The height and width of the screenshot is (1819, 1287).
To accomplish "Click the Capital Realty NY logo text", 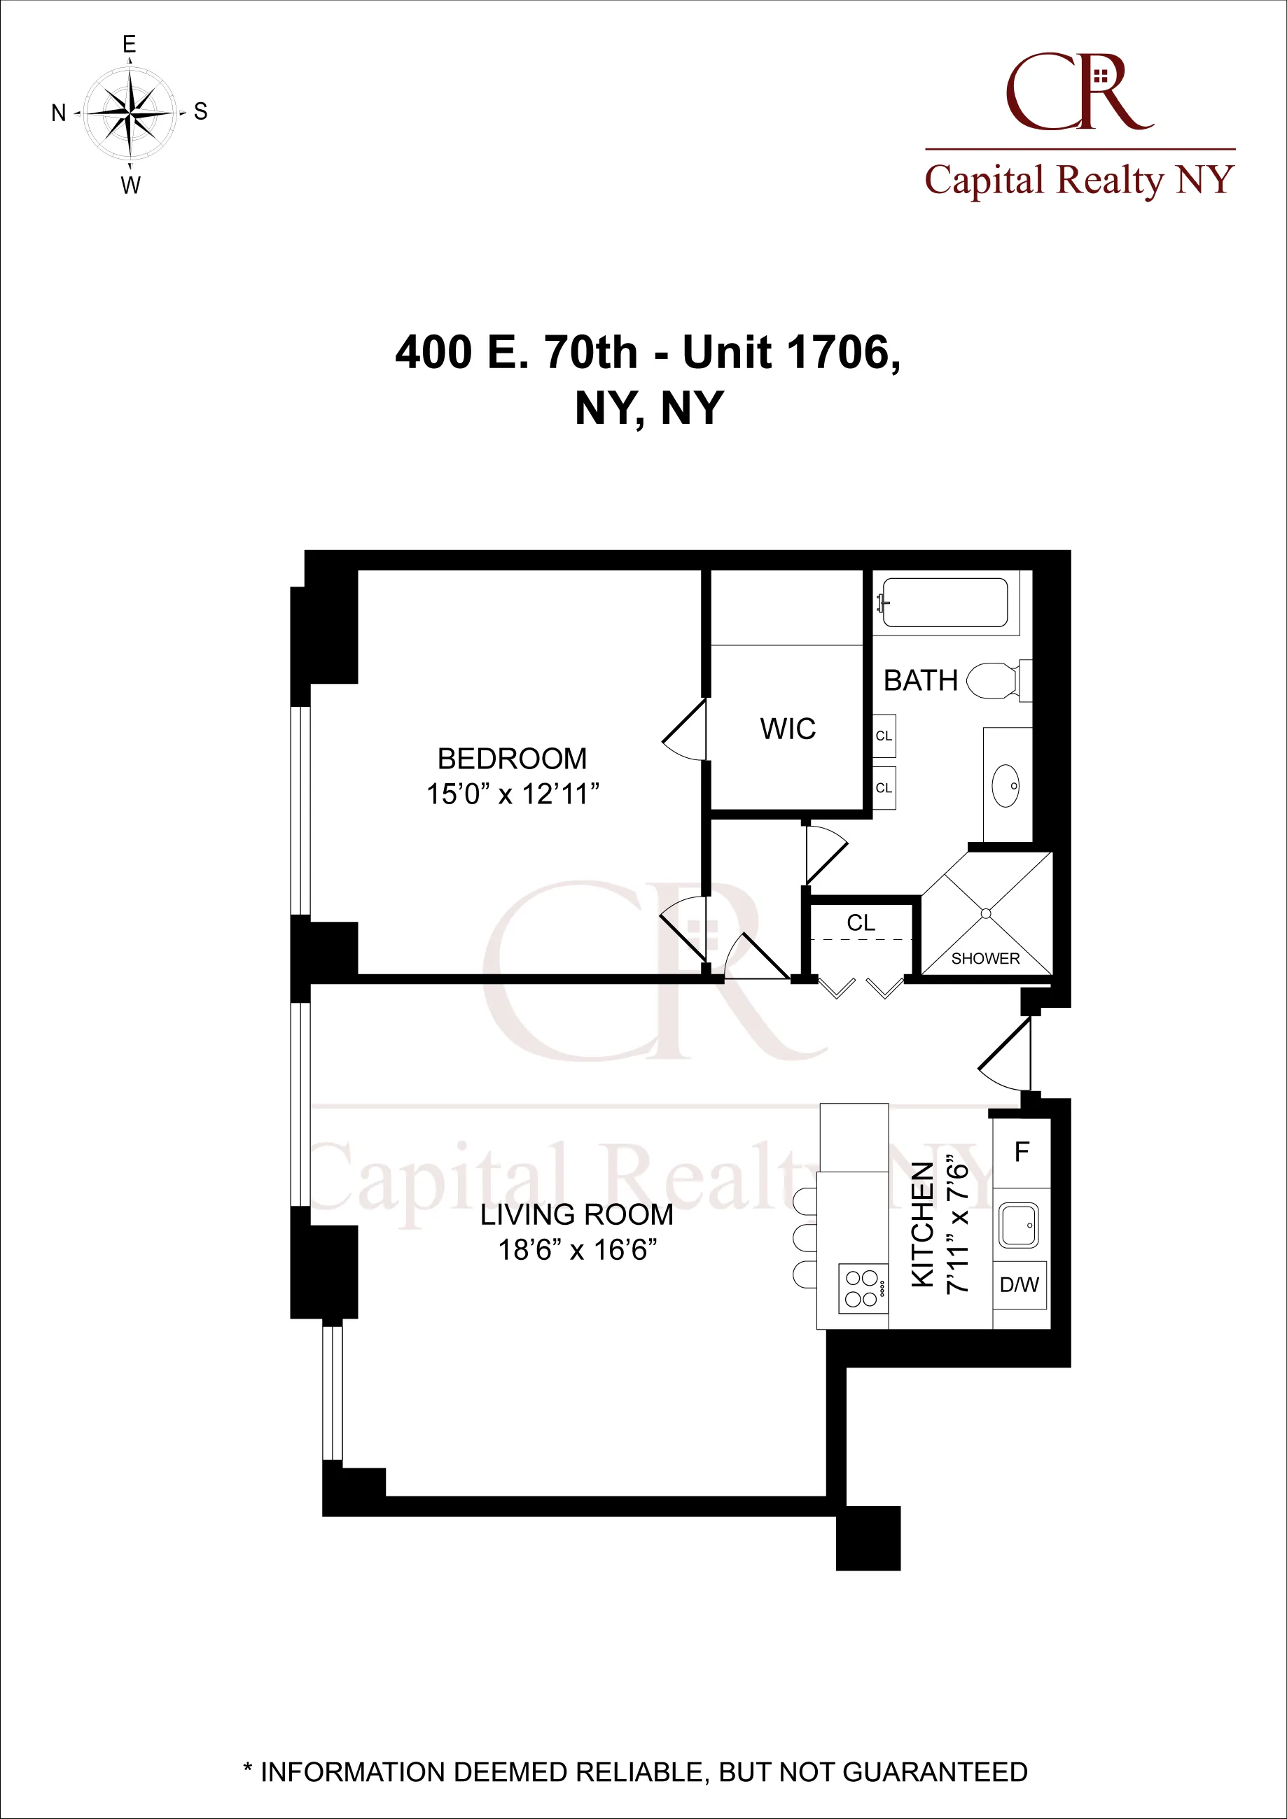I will [x=1079, y=180].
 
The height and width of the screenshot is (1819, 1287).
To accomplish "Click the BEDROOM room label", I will [x=512, y=759].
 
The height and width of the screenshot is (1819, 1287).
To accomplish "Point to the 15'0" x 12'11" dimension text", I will [x=512, y=794].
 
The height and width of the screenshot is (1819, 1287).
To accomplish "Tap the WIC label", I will [x=787, y=729].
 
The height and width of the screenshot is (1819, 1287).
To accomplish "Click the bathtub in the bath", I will [x=944, y=603].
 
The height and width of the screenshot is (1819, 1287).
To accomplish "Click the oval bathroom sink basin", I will [x=1006, y=786].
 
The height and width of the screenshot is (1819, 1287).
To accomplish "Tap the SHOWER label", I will [x=985, y=959].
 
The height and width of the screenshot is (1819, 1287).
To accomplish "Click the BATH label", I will [x=920, y=680].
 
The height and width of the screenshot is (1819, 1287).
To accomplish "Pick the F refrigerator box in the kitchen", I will [x=1022, y=1152].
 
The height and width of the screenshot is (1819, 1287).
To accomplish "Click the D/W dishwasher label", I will [x=1019, y=1285].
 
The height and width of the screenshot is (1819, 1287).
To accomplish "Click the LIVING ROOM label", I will [x=577, y=1214].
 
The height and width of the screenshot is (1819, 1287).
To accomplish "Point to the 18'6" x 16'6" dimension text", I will [x=577, y=1250].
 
